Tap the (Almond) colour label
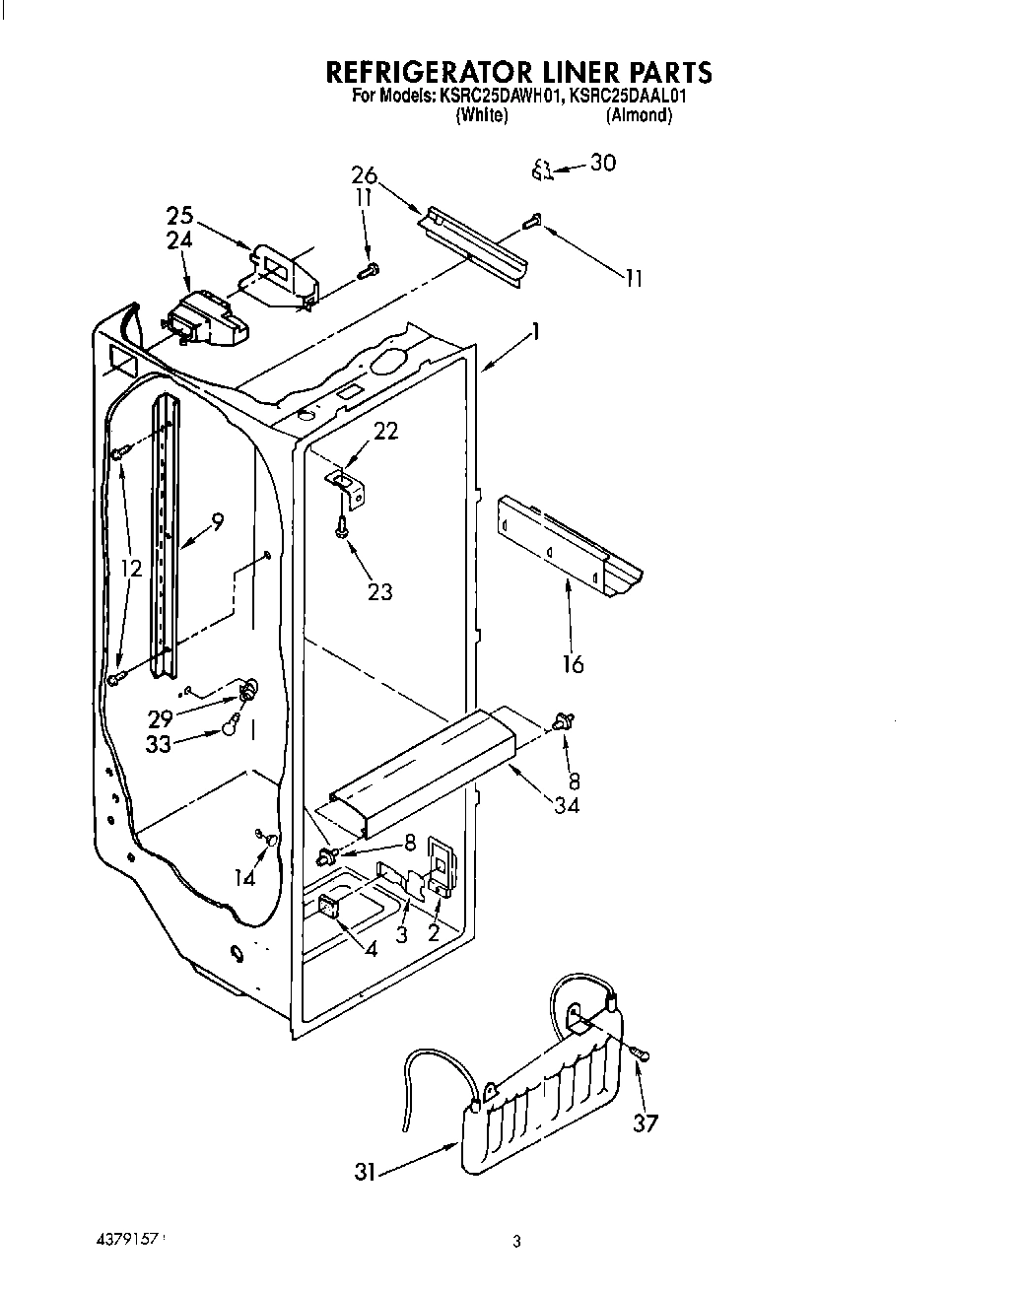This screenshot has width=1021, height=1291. [639, 115]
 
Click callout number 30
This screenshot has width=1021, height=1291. [602, 163]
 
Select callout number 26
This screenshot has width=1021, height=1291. [364, 175]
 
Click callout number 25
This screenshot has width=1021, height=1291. [179, 216]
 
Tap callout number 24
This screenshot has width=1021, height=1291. [179, 240]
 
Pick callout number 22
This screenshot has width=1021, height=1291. [385, 431]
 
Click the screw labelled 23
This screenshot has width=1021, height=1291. [341, 528]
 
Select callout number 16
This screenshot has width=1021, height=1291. [573, 664]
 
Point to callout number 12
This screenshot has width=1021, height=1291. [131, 568]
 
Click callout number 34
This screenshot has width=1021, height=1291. [566, 805]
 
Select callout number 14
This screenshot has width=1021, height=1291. [244, 877]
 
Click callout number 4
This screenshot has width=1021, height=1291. [371, 951]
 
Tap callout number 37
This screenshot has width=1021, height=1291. [645, 1122]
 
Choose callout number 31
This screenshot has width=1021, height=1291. [365, 1174]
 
